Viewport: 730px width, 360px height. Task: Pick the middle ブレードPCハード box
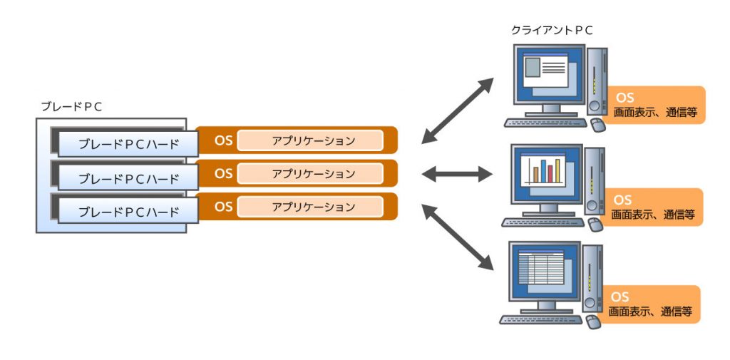[128, 178]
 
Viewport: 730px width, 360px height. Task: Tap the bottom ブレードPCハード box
[128, 212]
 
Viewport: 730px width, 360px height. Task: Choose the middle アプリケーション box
[309, 173]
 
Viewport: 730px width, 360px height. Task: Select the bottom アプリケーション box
[309, 207]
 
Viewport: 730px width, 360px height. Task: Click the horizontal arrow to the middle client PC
[457, 173]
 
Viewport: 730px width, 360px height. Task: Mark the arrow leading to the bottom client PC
[457, 237]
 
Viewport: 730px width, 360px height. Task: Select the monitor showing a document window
[547, 73]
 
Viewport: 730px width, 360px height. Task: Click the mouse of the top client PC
[597, 125]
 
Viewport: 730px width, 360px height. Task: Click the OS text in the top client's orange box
[625, 98]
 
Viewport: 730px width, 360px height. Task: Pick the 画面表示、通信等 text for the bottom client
[651, 312]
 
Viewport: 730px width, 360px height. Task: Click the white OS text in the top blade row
[223, 140]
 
